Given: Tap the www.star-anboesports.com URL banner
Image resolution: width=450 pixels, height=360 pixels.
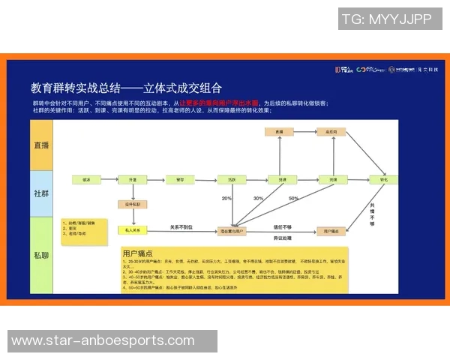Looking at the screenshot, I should pyautogui.click(x=97, y=341).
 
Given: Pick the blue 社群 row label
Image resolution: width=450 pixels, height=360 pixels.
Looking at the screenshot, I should pyautogui.click(x=41, y=193).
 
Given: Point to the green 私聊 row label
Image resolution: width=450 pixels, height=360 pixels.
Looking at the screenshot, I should pyautogui.click(x=41, y=255).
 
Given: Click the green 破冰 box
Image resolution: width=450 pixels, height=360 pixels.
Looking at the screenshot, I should pyautogui.click(x=86, y=181).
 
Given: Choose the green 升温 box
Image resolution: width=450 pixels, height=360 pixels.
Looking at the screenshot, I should pyautogui.click(x=133, y=181).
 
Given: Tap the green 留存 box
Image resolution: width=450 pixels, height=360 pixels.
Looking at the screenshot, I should pyautogui.click(x=180, y=181).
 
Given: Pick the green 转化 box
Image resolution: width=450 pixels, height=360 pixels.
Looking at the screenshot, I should pyautogui.click(x=384, y=181).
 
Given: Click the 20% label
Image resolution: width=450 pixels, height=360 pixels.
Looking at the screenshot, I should pyautogui.click(x=226, y=199).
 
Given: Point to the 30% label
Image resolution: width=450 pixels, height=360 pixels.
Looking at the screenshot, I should pyautogui.click(x=258, y=199).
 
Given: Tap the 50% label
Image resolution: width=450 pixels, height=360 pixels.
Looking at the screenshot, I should pyautogui.click(x=293, y=199).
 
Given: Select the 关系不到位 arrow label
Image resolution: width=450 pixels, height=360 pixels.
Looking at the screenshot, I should pyautogui.click(x=180, y=226).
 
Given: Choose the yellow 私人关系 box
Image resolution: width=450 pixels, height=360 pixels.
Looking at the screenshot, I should pyautogui.click(x=133, y=230).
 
